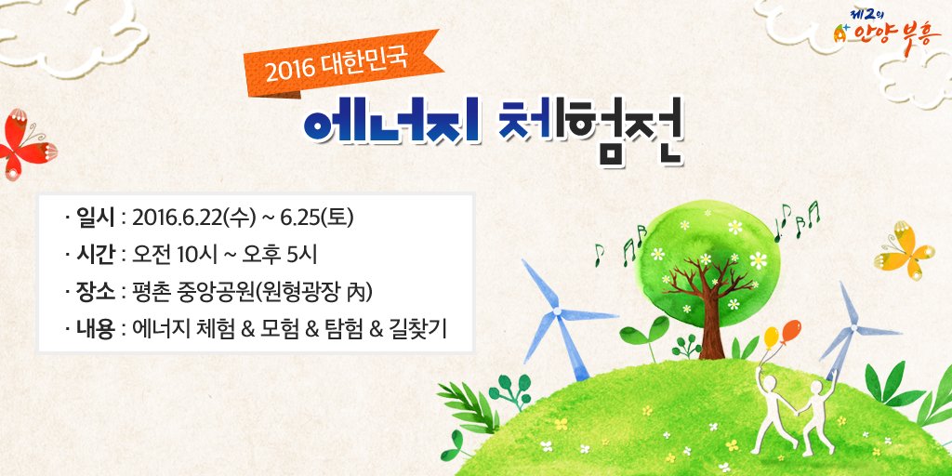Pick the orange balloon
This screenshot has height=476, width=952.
[791, 330]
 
